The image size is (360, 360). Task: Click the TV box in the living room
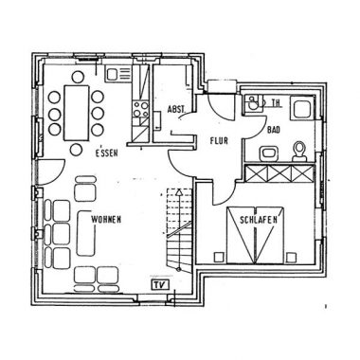160,284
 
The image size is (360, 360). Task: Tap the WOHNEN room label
106,220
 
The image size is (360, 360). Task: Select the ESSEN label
107,153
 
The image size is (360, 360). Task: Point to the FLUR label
219,140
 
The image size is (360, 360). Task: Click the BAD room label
274,130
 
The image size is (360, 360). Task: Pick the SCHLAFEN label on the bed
259,220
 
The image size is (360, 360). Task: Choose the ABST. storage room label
176,109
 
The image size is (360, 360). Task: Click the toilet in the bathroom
299,152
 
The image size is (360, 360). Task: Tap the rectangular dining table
76,113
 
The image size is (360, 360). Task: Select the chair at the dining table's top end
78,77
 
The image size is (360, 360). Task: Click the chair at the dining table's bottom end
76,150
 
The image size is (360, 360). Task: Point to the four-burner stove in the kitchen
140,109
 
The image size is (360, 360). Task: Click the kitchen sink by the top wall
118,74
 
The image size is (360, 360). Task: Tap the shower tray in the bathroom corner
302,108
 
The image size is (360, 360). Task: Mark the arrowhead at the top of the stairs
179,191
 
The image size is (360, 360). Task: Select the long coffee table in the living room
86,233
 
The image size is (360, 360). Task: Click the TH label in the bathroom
276,103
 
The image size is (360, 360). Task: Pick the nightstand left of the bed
218,257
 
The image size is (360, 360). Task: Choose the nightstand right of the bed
290,257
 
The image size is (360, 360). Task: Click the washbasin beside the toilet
268,153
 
